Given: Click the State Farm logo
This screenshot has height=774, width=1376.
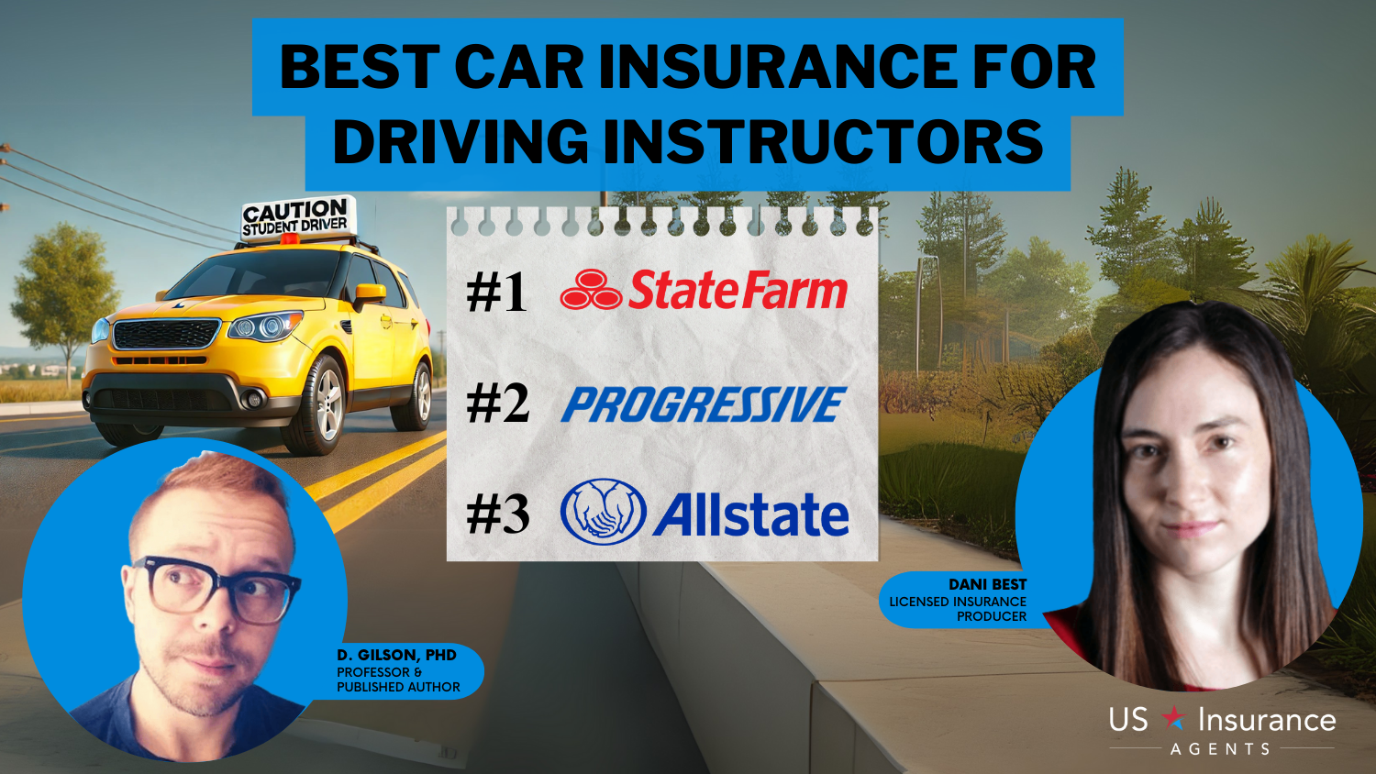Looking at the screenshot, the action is pos(704,289).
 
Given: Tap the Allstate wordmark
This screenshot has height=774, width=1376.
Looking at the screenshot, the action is pos(750,514).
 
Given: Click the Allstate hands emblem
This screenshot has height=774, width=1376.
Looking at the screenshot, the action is pos(604,512).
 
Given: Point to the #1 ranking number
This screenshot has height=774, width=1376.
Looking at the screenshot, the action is pos(496,293).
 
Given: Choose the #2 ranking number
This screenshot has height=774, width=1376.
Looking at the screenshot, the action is pos(497,404).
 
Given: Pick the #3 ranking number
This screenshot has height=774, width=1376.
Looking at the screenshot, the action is pos(497,514).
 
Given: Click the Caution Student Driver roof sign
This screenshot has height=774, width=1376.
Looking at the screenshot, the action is pos(297,217).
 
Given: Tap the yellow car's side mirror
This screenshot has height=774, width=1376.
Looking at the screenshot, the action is pos(369,295).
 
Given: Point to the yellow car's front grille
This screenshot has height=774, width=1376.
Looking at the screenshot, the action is pos(166,335).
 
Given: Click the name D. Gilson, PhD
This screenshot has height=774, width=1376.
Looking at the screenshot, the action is pos(396,655).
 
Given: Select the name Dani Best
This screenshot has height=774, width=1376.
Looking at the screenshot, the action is pos(987,584).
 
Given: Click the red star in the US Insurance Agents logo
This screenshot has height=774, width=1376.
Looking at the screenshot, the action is pos(1173,717).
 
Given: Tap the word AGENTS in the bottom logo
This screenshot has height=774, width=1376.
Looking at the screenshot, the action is pos(1220,749).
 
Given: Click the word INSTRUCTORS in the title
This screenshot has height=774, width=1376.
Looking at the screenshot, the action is pos(823,142).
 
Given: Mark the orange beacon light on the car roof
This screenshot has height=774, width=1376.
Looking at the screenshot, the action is pos(287,239).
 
